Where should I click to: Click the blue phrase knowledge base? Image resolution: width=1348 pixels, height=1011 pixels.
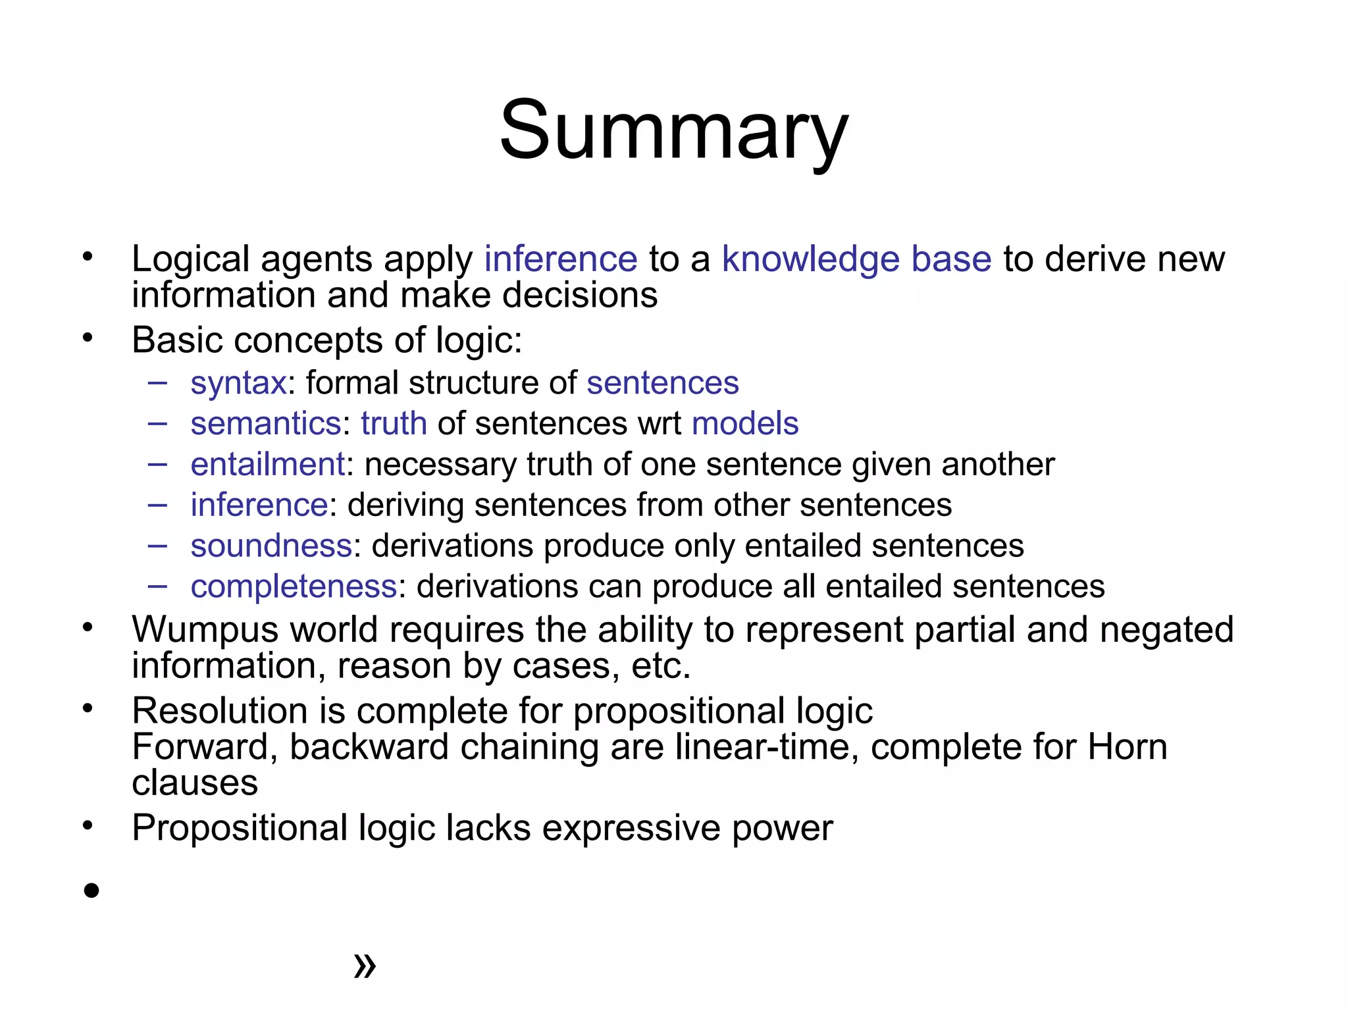pos(856,259)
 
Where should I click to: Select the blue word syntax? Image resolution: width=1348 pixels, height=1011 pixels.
pos(238,383)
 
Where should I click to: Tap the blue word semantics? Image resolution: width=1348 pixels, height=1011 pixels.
pos(266,423)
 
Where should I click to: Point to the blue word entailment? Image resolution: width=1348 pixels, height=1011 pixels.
pos(267,464)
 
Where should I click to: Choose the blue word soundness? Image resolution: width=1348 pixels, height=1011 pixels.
pos(271,546)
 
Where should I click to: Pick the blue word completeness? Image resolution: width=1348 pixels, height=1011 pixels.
pos(294,586)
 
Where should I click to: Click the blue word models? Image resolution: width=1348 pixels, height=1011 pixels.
pos(745,423)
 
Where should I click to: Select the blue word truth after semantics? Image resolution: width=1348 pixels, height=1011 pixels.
pos(394,423)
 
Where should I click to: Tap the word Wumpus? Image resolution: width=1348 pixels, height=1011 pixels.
pos(205,630)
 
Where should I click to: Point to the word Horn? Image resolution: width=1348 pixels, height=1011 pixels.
pos(1127,747)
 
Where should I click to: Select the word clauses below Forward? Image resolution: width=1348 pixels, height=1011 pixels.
pos(195,783)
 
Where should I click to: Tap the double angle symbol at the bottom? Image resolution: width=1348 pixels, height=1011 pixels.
pos(365,966)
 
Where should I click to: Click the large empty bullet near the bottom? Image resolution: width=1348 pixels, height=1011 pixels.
pos(91,891)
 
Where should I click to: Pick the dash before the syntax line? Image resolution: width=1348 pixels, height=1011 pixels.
pos(157,382)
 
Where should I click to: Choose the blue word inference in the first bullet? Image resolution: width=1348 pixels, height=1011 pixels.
pos(561,259)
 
